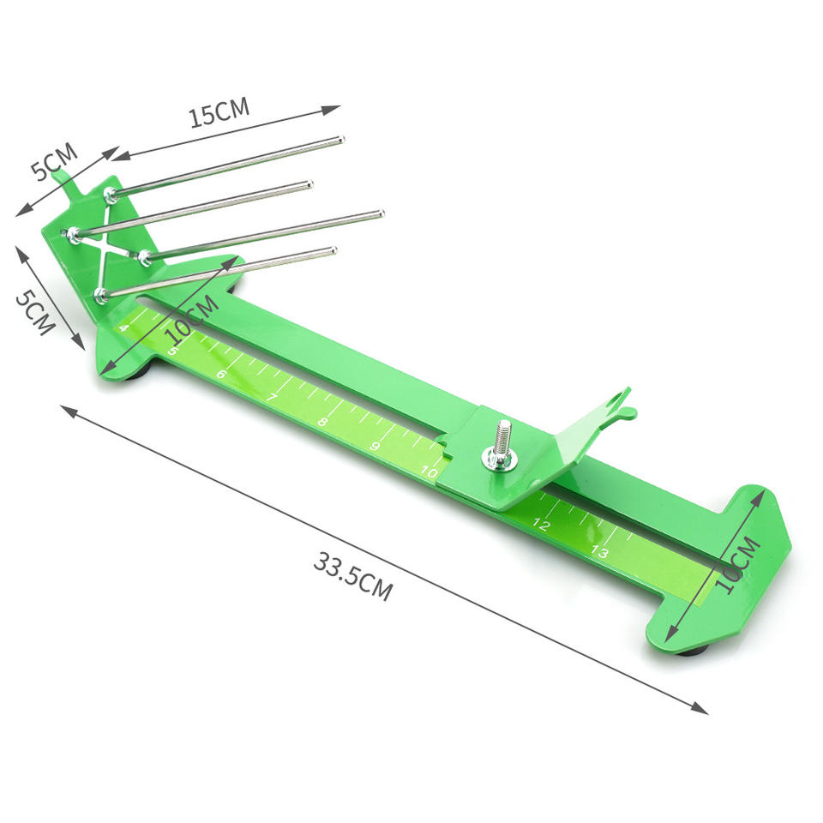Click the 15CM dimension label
click(x=219, y=113)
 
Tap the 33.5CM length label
click(x=353, y=576)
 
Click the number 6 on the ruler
click(x=221, y=375)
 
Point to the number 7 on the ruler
click(x=272, y=397)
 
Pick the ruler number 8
click(x=323, y=422)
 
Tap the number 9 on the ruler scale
click(x=375, y=446)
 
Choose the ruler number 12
click(x=541, y=524)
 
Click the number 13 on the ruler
click(x=599, y=551)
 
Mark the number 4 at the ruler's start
click(x=123, y=328)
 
